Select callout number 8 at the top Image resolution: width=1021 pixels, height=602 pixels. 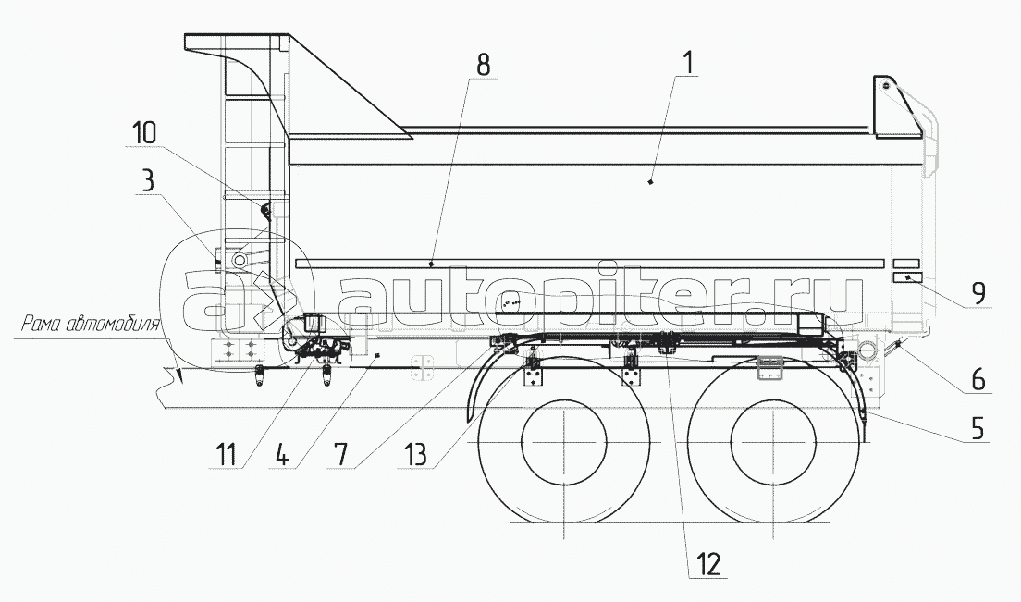483,65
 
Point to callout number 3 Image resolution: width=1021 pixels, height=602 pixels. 148,181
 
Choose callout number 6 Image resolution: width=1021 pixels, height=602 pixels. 978,379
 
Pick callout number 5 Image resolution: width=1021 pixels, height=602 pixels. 978,429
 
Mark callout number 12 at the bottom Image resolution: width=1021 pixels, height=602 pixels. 709,563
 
